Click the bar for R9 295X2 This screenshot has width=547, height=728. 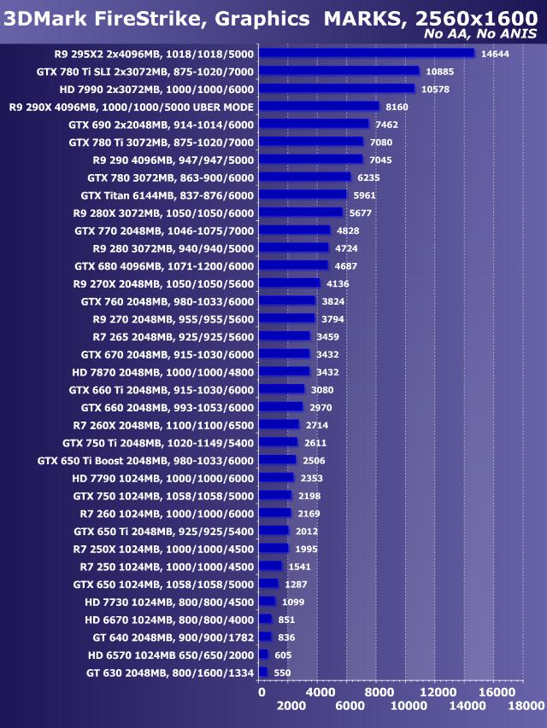point(366,53)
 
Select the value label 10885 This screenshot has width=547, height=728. point(438,71)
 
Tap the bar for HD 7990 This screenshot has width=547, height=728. point(337,89)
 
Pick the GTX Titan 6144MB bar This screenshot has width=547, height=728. point(303,195)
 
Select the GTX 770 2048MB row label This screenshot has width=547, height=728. point(164,230)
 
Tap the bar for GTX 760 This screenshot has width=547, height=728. point(287,301)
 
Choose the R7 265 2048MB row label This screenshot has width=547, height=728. point(167,336)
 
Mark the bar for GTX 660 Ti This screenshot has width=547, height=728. point(281,389)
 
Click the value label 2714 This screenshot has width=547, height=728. point(317,425)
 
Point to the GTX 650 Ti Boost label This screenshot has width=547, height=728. point(145,461)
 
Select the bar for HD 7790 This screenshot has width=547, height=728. point(276,478)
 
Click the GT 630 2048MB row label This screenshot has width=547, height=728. point(170,673)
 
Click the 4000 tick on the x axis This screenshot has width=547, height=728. point(319,692)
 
